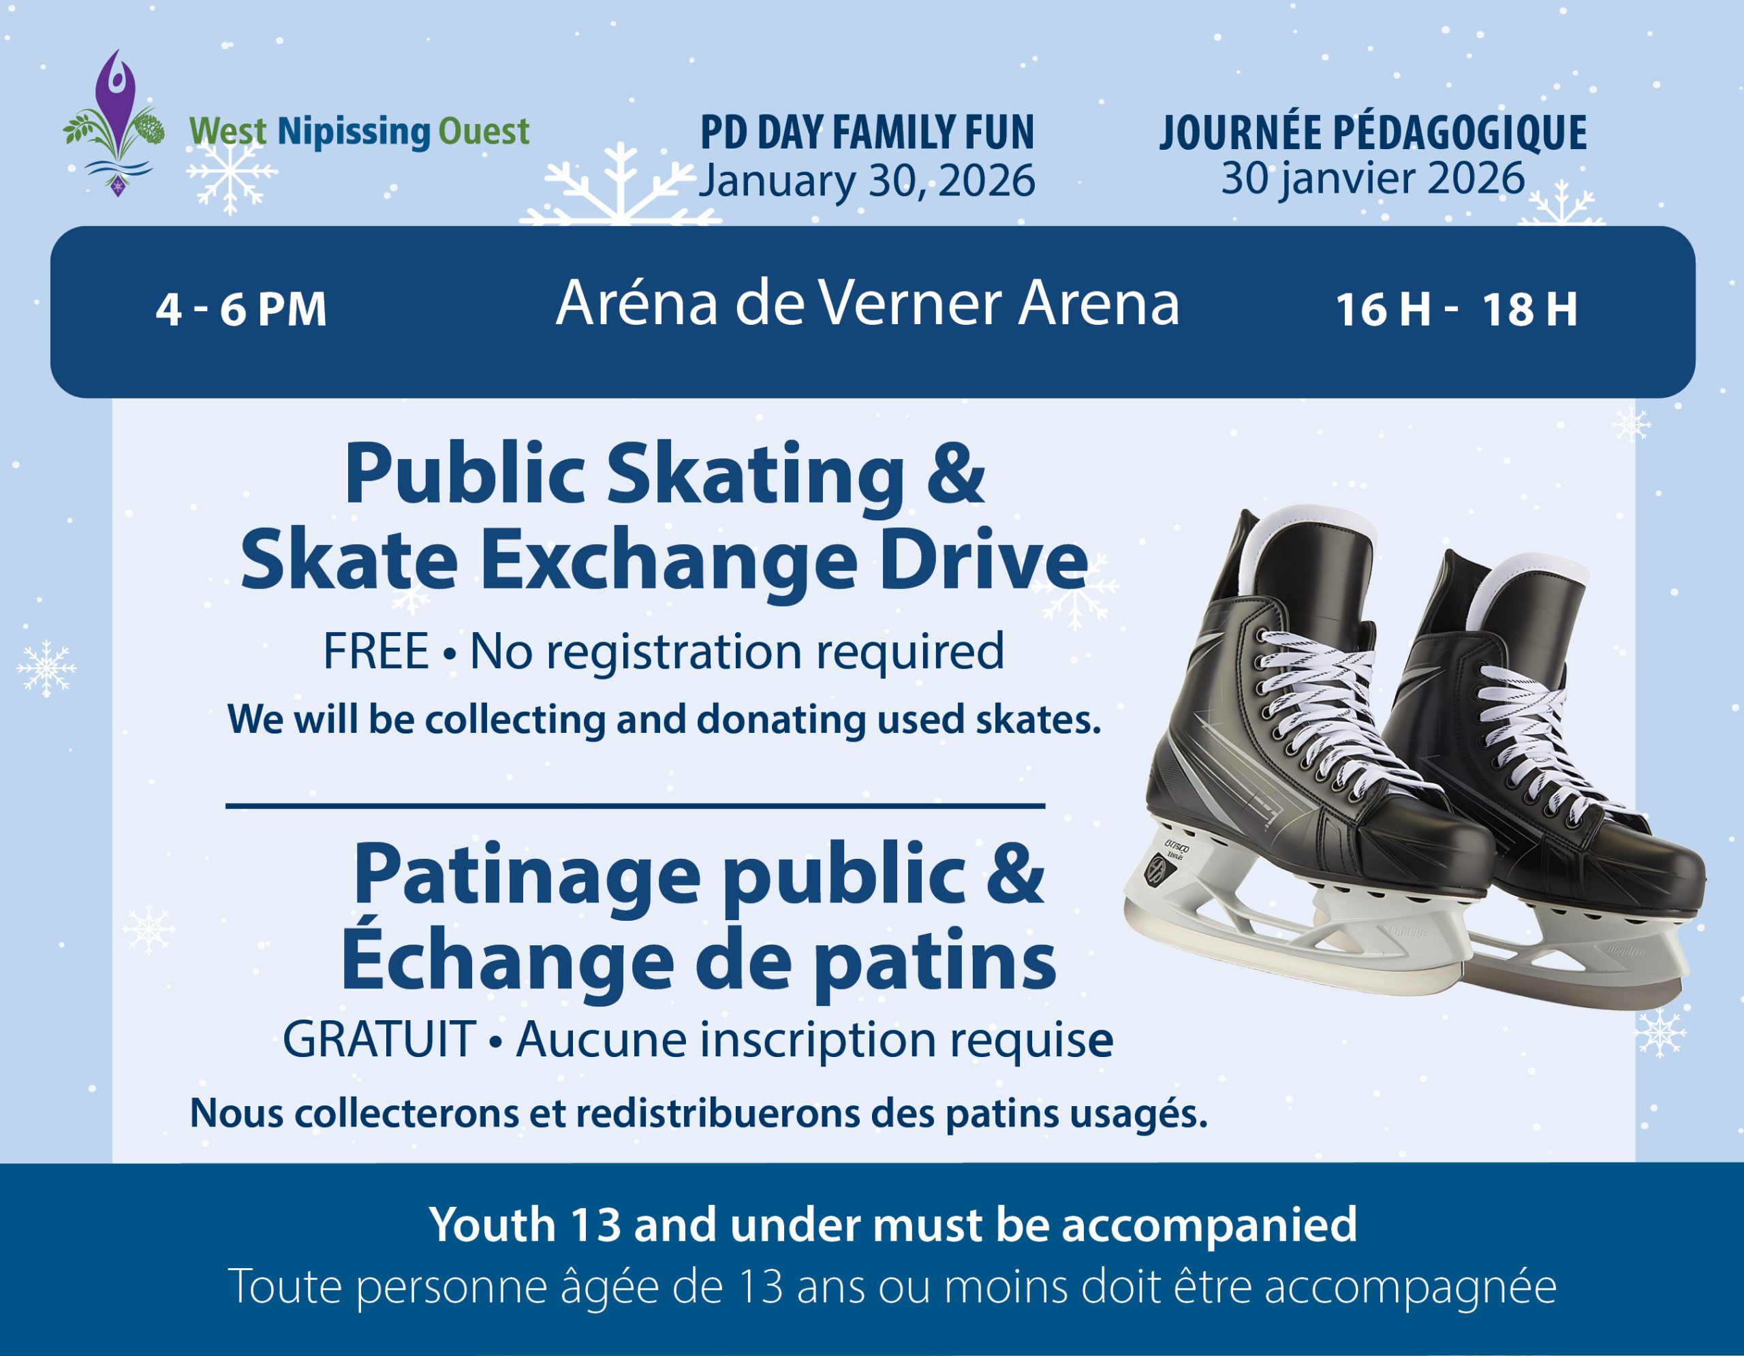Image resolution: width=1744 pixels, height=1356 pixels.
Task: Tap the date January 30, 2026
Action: tap(867, 181)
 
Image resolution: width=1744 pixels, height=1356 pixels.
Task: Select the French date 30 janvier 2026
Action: tap(1373, 178)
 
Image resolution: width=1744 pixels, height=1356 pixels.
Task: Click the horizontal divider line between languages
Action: tap(636, 806)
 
